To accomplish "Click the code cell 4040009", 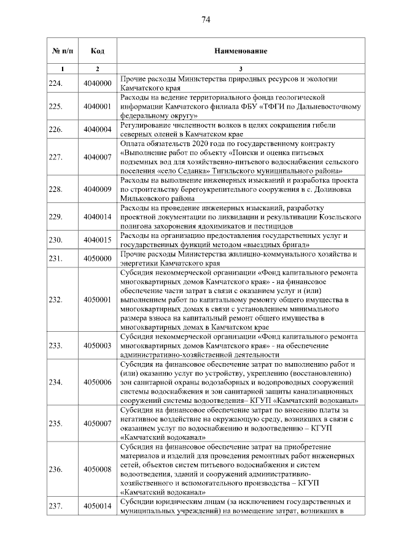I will pos(97,189).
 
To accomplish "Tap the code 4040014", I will pos(97,217).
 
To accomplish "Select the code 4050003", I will pos(97,345).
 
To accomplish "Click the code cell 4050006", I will pos(97,382).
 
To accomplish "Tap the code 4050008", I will pos(97,469).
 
